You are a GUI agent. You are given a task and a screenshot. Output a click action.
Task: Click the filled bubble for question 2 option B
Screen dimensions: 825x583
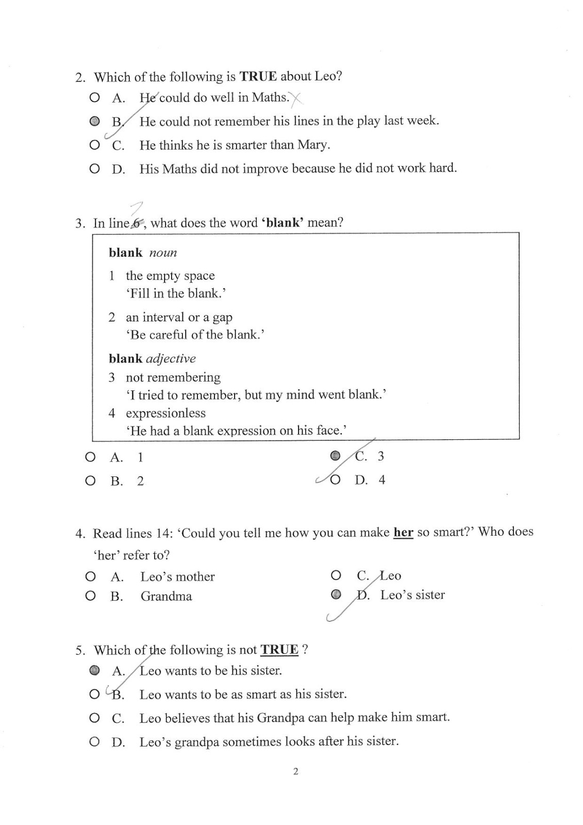tap(94, 121)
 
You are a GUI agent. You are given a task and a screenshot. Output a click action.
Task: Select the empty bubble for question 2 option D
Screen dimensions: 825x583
tap(94, 169)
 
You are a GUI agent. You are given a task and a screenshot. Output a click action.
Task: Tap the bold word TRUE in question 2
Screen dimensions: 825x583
tap(258, 76)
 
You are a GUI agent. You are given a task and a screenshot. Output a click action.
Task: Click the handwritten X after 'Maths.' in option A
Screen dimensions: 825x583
tap(296, 98)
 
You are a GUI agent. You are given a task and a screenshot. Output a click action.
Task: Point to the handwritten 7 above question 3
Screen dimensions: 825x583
tap(137, 208)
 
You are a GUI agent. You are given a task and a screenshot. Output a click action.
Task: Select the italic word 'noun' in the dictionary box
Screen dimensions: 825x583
tap(163, 253)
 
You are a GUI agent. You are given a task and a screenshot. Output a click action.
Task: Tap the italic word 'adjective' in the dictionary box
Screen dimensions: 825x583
tap(171, 358)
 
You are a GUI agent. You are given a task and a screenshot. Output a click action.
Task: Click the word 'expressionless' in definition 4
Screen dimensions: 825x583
tap(165, 413)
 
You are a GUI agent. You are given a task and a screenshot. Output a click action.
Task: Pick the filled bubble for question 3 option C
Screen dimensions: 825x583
tap(335, 455)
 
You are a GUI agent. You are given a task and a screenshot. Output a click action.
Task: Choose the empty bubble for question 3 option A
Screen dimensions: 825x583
tap(90, 457)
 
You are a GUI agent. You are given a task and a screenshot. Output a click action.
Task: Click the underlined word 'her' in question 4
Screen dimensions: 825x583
tap(403, 532)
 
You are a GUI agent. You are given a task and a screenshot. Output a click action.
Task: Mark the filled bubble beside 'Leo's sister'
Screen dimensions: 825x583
tap(336, 595)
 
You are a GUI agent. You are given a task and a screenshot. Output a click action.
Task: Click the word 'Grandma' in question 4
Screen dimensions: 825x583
tap(166, 597)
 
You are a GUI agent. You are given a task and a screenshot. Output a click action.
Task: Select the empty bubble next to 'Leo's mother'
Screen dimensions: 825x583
tap(91, 576)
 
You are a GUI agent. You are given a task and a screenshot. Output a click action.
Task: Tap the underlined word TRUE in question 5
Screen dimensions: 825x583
tap(279, 650)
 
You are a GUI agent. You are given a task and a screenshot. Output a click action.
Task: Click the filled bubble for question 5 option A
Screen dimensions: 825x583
tap(94, 670)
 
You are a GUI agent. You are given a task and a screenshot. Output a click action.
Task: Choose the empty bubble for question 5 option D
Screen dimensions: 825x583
tap(94, 742)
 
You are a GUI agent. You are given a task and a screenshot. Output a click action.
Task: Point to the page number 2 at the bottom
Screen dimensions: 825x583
tap(295, 771)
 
